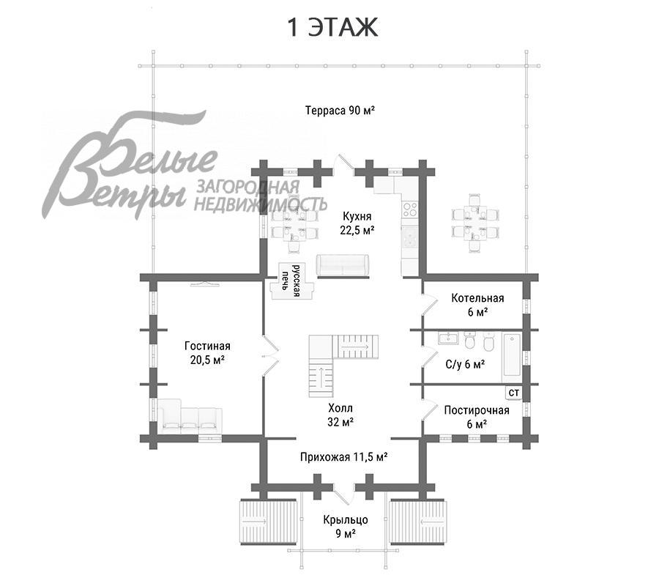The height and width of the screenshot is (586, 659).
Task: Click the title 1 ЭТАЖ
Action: [331, 27]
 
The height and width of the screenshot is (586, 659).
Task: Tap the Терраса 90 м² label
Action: [340, 111]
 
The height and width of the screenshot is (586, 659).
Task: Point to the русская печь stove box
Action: [293, 281]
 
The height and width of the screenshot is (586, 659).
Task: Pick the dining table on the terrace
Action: [475, 223]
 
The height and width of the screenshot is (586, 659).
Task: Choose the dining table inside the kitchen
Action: [290, 223]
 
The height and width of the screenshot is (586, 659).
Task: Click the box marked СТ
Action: [513, 393]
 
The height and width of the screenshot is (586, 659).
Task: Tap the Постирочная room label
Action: [476, 417]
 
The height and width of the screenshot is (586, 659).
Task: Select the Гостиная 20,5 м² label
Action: [207, 353]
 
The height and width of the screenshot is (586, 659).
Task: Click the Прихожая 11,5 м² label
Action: [343, 456]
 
